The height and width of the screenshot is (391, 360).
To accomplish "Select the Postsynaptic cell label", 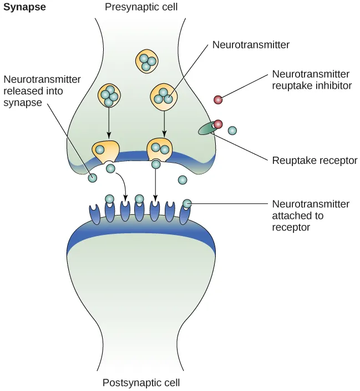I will [141, 383].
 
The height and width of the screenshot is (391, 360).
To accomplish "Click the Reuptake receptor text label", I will [314, 161].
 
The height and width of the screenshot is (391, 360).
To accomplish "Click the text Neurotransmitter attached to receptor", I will [311, 215].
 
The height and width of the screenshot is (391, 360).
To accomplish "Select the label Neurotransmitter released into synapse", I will [42, 91].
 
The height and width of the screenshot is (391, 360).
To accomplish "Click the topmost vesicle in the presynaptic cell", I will [147, 61].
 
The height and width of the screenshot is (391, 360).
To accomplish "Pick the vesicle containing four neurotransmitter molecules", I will [109, 96].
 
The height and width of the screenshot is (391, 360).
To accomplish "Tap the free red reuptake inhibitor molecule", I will [219, 100].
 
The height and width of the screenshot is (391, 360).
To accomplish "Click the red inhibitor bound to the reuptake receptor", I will [218, 124].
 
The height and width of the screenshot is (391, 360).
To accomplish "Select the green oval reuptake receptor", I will [206, 129].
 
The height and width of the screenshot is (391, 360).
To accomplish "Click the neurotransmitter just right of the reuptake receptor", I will [232, 131].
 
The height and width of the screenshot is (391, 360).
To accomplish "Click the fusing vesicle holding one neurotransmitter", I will [105, 151].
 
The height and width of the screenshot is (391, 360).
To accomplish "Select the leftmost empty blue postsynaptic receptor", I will [94, 214].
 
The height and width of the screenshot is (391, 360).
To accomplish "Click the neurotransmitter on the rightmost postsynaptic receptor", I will [187, 204].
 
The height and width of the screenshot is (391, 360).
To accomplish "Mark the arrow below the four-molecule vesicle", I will [109, 122].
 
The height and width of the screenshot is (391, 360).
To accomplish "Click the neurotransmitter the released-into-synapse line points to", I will [93, 178].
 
